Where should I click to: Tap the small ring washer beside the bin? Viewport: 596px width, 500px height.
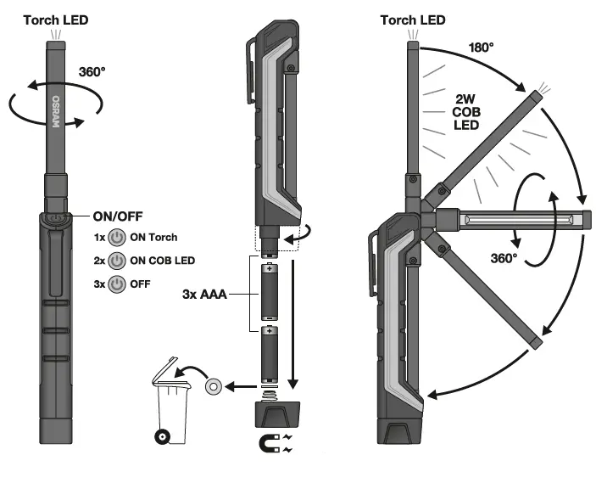(x=214, y=387)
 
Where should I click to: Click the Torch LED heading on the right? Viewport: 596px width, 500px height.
(x=411, y=19)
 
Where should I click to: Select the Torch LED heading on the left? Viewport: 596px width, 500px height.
(x=56, y=19)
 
